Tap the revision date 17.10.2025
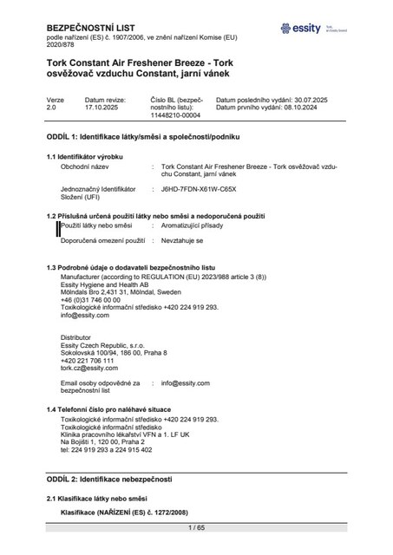101,108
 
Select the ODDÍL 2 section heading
109,479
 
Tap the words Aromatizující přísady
195,225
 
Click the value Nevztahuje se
182,238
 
